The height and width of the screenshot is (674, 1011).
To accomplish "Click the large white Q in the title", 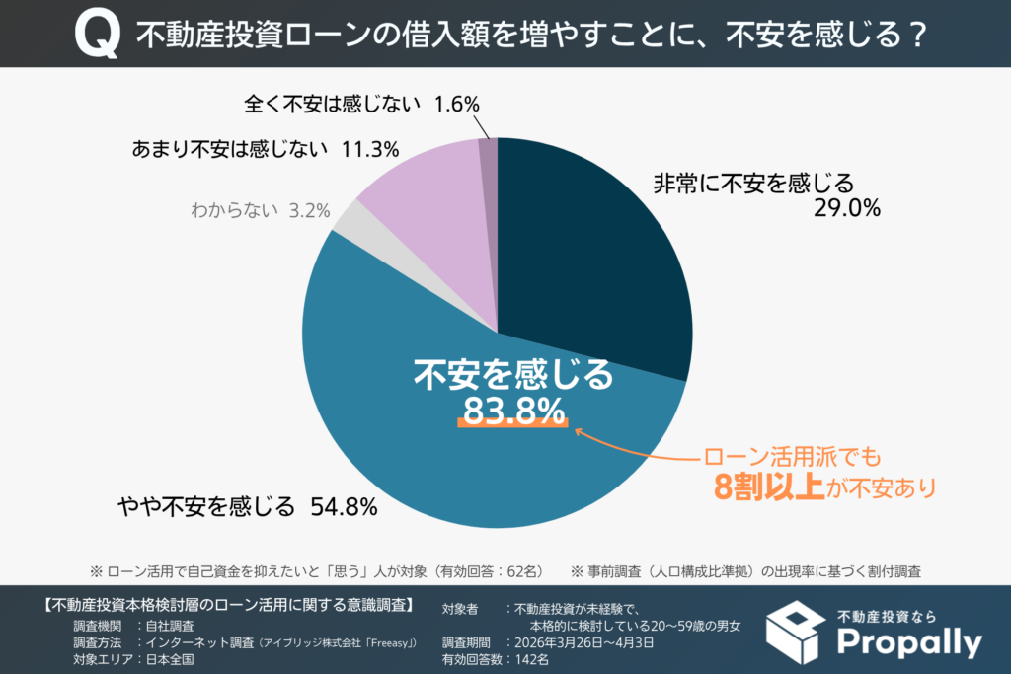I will pos(97,36).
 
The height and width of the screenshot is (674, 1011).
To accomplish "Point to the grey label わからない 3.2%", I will pos(260,210).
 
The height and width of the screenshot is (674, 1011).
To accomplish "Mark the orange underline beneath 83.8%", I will pos(512,426).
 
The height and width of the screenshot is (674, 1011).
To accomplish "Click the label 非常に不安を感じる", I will pos(751,183).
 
